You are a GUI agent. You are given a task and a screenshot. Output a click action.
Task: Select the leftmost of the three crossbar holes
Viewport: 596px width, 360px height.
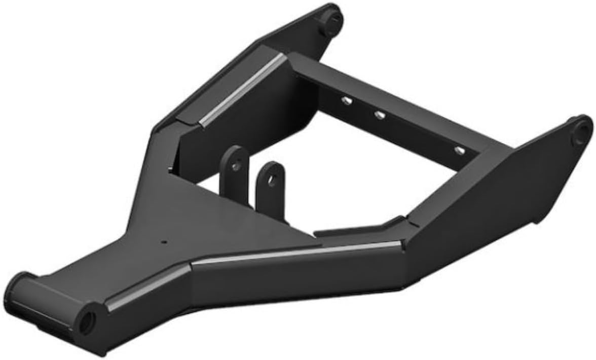pyautogui.click(x=347, y=101)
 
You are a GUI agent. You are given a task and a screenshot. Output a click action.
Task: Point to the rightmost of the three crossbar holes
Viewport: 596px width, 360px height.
pyautogui.click(x=459, y=151)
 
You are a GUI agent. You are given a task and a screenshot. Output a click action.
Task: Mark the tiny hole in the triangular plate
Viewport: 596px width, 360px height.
pyautogui.click(x=164, y=242)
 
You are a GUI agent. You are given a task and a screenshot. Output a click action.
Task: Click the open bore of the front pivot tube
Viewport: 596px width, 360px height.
pyautogui.click(x=88, y=319)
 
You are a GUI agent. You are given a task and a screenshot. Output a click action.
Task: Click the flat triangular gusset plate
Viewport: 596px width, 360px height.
pyautogui.click(x=213, y=223)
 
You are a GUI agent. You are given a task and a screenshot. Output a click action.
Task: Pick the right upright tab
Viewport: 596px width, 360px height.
pyautogui.click(x=270, y=190)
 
